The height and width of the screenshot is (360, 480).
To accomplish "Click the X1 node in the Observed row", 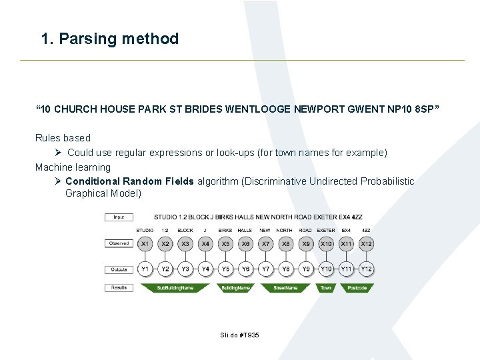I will point(145,245).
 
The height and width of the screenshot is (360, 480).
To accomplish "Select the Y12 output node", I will point(366,269).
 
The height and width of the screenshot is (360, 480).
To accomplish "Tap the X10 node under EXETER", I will point(326,245).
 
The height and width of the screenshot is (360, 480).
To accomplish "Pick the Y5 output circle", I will point(225,269).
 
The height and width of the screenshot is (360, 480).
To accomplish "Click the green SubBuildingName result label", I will point(175,288).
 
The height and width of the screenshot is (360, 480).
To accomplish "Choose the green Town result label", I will point(326,288).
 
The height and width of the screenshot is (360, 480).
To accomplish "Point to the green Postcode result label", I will point(357,288).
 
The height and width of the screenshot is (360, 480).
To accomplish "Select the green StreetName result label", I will point(285,288).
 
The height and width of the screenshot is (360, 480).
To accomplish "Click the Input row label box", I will point(119,217).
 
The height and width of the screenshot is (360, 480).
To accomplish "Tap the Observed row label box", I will point(119,243).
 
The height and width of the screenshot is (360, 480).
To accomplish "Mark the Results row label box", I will point(119,288).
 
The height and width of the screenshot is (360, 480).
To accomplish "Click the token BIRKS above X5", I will point(225,230).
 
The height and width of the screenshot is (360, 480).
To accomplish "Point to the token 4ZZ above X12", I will point(366,230).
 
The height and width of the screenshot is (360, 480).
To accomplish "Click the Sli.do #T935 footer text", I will point(239,335).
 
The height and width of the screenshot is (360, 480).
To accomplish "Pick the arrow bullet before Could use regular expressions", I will point(59,153).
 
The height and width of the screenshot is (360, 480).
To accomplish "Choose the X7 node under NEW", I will point(265,245).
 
